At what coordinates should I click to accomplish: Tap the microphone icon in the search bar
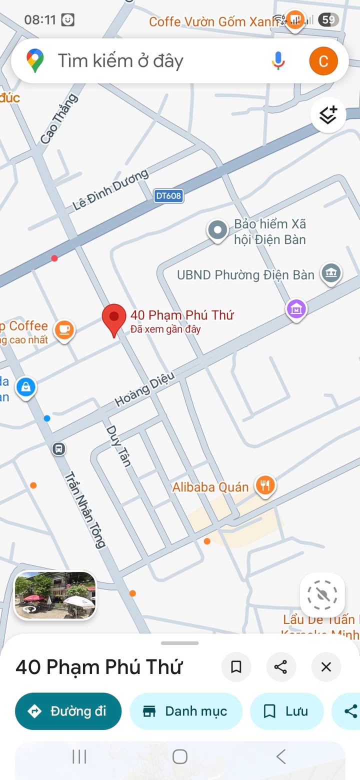tap(278, 61)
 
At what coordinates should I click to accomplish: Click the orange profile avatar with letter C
tap(323, 61)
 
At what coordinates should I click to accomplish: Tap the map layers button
tap(328, 115)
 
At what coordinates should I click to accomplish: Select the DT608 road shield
tap(168, 196)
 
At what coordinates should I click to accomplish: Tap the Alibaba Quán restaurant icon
tap(265, 485)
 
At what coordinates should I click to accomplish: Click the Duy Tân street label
tap(118, 445)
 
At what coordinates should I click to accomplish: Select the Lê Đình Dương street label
tap(110, 189)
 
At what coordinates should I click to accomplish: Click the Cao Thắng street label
tap(59, 119)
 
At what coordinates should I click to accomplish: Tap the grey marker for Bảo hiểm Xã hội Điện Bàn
tap(217, 231)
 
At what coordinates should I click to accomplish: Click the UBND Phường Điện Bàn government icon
tap(331, 273)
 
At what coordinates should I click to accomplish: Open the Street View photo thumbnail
tap(55, 595)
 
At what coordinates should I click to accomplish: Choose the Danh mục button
tap(186, 711)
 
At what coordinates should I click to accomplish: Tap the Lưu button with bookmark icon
tap(286, 711)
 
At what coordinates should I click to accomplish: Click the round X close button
tap(326, 666)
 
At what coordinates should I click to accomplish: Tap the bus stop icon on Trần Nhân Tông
tap(59, 448)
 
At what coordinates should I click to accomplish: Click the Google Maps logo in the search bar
tap(35, 61)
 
